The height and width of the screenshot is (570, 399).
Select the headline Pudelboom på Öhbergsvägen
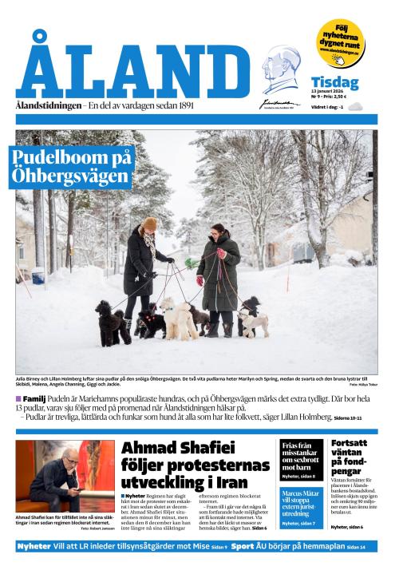(72, 166)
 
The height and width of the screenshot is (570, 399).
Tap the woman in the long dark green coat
(219, 271)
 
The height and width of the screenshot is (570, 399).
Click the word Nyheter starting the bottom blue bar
(34, 547)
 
